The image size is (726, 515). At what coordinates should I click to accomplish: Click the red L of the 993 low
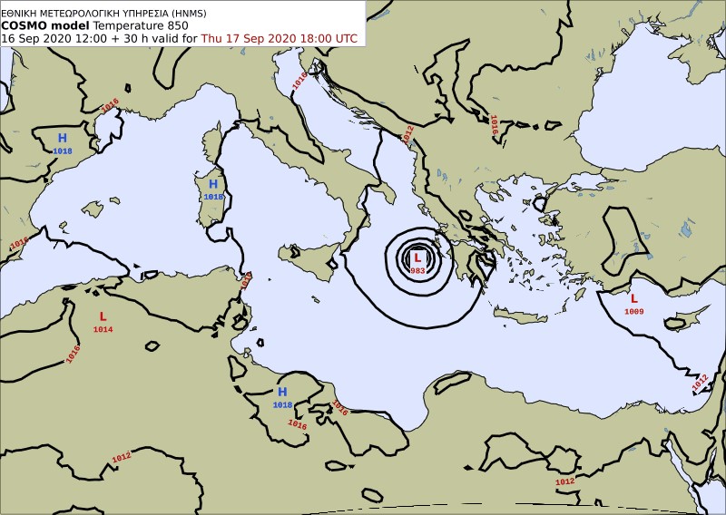coord(417,258)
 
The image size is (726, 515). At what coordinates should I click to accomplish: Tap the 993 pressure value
coord(417,271)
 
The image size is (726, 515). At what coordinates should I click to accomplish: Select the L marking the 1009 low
coord(633,298)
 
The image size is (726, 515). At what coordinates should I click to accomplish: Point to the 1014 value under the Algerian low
coord(103,329)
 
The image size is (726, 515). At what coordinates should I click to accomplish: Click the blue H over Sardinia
coord(212,184)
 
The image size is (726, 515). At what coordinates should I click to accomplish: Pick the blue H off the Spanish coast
coord(63,138)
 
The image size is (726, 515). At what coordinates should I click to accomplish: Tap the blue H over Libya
coord(282,392)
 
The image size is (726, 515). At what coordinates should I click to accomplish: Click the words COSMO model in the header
coord(44,25)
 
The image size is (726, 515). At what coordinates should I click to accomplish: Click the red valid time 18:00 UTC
coord(324,39)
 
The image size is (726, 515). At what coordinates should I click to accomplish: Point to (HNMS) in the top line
coord(186,12)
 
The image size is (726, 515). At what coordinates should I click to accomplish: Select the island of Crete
coord(520,316)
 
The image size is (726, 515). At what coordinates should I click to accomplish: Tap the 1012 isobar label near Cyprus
coord(700,383)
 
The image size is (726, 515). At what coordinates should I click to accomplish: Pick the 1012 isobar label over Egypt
coord(564,481)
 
